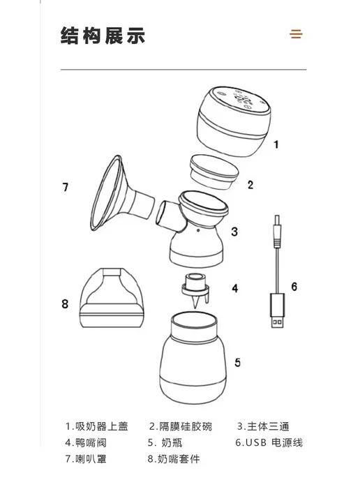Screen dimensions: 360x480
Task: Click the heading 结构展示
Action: [x=103, y=36]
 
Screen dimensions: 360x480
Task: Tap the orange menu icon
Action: [x=296, y=34]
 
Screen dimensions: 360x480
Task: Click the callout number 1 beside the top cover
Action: [x=276, y=144]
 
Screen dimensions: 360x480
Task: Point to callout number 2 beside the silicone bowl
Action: [x=250, y=185]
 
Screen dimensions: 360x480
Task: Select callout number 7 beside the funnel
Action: [x=65, y=187]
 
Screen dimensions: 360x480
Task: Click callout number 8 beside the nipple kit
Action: [x=65, y=304]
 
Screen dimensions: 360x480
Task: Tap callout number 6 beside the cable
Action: [x=294, y=287]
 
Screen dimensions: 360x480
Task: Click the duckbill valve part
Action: [x=195, y=290]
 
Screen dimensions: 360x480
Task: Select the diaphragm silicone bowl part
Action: [x=214, y=172]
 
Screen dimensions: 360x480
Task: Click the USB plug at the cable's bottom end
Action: [x=278, y=310]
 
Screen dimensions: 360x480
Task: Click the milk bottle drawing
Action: [x=193, y=357]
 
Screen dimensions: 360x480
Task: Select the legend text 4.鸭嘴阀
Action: [x=86, y=442]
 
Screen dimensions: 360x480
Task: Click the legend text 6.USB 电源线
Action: [x=269, y=442]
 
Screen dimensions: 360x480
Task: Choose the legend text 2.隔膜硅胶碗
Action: [x=181, y=426]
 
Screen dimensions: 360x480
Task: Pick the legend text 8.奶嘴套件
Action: [x=174, y=459]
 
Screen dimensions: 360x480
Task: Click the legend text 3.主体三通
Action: [x=263, y=426]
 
